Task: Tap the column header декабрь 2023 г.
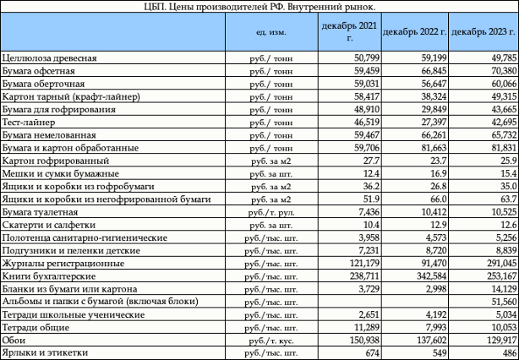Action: click(483, 32)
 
